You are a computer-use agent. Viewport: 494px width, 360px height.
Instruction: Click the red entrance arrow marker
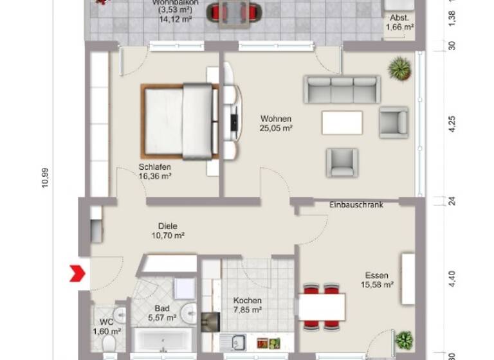coord(78,273)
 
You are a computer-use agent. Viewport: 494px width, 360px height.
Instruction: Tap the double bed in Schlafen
coord(179,121)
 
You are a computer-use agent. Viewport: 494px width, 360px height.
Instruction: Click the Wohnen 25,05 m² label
coord(276,123)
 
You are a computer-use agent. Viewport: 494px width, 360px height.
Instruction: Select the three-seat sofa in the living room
coord(342,90)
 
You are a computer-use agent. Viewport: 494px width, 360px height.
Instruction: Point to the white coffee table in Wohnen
coord(342,122)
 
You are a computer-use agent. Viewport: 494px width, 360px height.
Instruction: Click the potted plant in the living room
coord(399,68)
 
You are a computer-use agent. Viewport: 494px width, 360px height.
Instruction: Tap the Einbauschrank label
coord(356,204)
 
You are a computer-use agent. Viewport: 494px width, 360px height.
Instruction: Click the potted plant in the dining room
coord(404,340)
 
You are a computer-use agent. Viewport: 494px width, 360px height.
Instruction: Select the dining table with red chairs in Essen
coord(322,307)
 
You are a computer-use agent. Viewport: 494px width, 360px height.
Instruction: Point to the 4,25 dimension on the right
coord(452,123)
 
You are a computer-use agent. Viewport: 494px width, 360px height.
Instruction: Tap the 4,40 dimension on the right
coord(452,278)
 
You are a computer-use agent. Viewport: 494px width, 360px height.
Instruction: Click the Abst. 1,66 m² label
coord(399,23)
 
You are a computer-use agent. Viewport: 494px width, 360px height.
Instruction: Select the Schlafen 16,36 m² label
coord(154,171)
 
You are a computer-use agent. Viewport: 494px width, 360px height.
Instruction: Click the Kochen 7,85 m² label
coord(248,305)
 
